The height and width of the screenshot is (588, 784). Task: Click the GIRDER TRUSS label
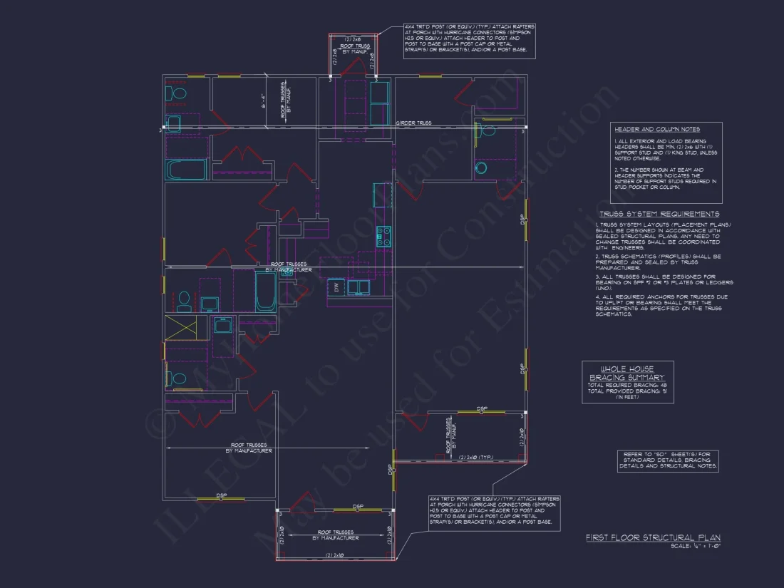click(413, 123)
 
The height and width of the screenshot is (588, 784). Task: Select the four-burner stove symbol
click(383, 236)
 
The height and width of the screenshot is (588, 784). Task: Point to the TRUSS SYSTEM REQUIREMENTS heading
click(659, 214)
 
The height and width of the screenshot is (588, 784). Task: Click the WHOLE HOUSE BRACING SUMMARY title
click(627, 373)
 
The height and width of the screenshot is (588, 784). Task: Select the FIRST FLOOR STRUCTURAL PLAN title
click(652, 537)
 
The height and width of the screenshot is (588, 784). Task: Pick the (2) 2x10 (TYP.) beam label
click(477, 457)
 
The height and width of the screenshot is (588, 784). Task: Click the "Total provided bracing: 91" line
click(627, 391)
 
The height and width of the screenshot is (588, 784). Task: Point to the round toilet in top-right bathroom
click(481, 168)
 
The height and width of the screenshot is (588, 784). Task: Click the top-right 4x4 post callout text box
click(469, 41)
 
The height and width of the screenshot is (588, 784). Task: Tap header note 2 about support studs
click(666, 180)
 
